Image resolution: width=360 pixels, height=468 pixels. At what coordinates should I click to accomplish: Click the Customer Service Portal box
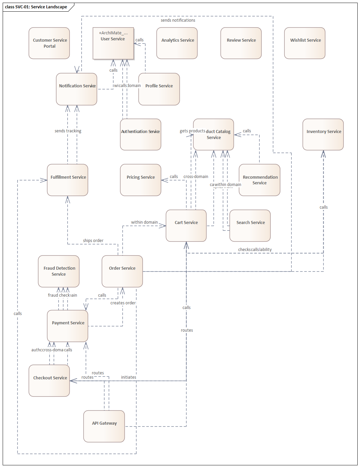tap(49, 43)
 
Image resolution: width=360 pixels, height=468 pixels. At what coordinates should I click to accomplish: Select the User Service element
tap(113, 43)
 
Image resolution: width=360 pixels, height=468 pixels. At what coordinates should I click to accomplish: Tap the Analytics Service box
tap(177, 43)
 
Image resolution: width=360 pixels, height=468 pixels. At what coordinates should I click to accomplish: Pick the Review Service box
tap(241, 43)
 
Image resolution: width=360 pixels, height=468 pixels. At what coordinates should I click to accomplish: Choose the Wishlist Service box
tap(305, 43)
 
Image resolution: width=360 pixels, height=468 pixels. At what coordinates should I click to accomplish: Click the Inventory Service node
tap(323, 134)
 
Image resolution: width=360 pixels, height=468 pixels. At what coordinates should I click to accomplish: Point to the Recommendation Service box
tap(259, 180)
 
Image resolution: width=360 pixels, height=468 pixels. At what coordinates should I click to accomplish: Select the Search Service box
tap(250, 226)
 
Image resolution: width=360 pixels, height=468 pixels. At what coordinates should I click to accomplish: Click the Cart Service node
tap(186, 226)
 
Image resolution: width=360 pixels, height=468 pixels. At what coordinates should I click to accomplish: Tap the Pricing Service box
tap(140, 180)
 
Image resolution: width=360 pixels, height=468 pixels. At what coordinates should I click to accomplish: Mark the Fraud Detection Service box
tap(59, 271)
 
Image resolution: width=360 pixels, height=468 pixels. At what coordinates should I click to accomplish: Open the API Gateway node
tap(104, 426)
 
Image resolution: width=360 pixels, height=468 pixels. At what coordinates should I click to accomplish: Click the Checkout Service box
tap(49, 381)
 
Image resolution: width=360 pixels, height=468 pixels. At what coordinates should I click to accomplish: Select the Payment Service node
tap(68, 326)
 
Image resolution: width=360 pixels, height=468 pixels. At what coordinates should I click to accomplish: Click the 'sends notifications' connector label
tap(178, 20)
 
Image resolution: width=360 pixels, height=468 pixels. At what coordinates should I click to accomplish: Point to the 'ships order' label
tap(93, 241)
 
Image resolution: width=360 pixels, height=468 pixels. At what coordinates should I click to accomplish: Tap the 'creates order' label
tap(123, 303)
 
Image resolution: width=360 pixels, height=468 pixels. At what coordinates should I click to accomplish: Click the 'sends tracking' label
tap(68, 131)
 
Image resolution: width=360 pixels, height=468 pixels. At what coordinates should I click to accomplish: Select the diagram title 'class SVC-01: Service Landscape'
tap(36, 7)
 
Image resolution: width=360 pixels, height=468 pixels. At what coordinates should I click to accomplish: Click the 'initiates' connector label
tap(128, 377)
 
